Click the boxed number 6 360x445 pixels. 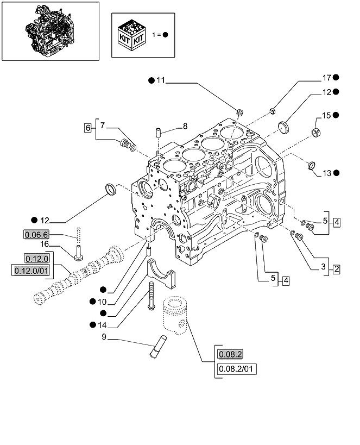(87, 128)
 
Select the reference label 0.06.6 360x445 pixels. (36, 235)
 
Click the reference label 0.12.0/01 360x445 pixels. (31, 270)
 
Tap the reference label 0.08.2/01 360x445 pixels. (237, 369)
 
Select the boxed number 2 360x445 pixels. (336, 268)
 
